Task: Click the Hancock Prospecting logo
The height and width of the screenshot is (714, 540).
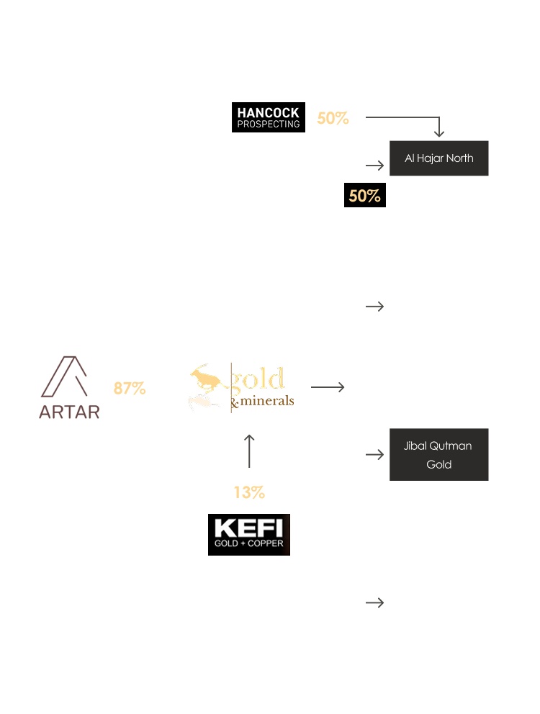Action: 268,118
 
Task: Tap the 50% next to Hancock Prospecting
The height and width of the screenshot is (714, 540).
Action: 333,119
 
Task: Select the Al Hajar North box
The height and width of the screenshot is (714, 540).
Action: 438,158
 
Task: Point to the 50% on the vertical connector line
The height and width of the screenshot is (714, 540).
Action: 364,196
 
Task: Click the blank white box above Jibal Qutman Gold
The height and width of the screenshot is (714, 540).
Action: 438,307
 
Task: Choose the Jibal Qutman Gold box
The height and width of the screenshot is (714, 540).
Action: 438,455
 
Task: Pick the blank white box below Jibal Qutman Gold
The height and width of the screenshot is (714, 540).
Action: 438,602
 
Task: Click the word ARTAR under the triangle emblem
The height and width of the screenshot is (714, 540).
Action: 69,412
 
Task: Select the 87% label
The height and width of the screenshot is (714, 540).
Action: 130,389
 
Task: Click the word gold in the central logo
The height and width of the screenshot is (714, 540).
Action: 258,379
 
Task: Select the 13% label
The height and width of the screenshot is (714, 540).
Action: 249,493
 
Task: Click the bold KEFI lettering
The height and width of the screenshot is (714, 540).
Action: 248,528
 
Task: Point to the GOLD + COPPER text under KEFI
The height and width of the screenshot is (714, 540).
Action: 248,543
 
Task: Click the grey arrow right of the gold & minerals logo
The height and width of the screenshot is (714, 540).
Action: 328,387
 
